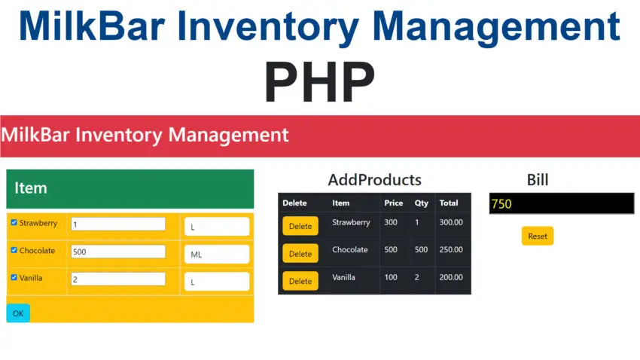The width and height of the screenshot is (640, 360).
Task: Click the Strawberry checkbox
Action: pos(14,223)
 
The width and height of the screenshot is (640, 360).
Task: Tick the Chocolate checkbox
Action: pos(14,250)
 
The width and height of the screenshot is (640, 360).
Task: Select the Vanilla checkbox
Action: pos(14,277)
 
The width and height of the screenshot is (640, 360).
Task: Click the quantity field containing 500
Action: pos(117,252)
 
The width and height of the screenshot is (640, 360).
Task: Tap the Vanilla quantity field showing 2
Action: pos(117,279)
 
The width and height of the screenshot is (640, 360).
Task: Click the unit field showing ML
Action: pos(216,255)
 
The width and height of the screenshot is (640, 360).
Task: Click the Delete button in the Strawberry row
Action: pos(300,226)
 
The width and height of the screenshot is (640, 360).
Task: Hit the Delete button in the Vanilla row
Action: pos(300,281)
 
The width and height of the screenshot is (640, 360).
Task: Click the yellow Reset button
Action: pos(537,236)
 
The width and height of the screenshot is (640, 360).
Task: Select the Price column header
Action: pos(393,203)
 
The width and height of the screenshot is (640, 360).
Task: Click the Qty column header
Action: pos(421,203)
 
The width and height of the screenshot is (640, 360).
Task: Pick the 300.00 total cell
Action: pos(451,223)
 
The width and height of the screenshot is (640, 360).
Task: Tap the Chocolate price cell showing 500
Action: pos(391,250)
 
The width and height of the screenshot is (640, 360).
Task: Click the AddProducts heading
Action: pos(374,180)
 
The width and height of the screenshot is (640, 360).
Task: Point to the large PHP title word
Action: pos(319,83)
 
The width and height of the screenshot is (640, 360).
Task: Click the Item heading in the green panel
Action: pos(31,188)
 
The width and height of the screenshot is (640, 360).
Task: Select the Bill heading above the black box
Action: pos(537,179)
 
